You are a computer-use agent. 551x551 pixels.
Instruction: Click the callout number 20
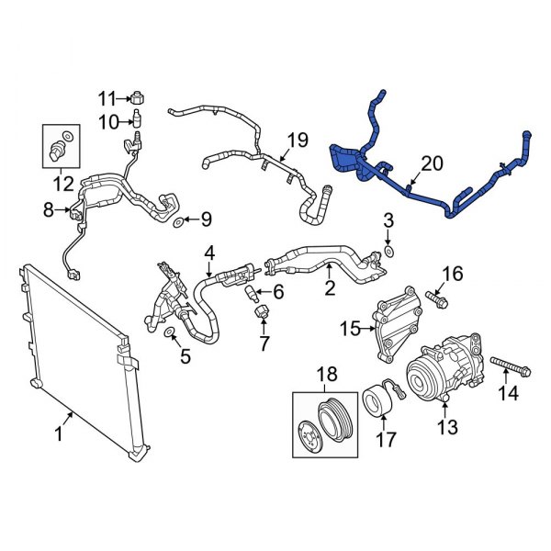[x=432, y=164]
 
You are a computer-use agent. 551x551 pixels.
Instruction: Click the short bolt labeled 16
[x=435, y=298]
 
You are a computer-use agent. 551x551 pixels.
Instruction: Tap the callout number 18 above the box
[x=328, y=375]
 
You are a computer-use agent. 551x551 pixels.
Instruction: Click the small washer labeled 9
[x=176, y=221]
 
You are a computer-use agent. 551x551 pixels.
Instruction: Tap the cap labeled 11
[x=136, y=97]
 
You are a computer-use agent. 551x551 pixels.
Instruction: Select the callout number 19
[x=296, y=141]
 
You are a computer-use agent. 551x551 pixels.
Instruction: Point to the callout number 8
[x=50, y=210]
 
